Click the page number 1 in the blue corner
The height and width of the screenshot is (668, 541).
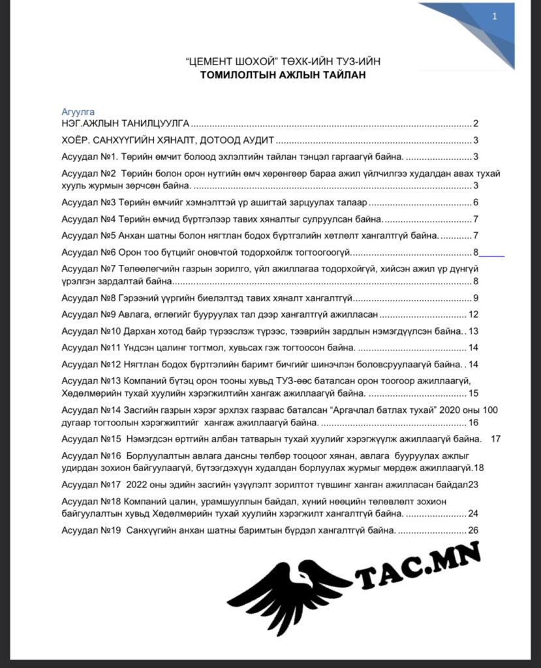(494, 18)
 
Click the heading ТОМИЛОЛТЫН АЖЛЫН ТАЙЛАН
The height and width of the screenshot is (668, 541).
(283, 75)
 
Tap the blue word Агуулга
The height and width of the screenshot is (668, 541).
(78, 112)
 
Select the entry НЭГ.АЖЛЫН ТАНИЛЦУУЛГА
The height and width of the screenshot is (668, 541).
(125, 123)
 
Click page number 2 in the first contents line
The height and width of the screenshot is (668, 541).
(476, 123)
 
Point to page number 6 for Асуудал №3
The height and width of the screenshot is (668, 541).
(476, 202)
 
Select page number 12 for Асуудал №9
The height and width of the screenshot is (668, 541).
(474, 314)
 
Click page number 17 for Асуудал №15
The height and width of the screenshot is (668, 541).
(495, 439)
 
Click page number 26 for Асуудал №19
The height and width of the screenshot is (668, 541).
(474, 530)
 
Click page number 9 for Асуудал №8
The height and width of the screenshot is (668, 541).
(476, 298)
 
